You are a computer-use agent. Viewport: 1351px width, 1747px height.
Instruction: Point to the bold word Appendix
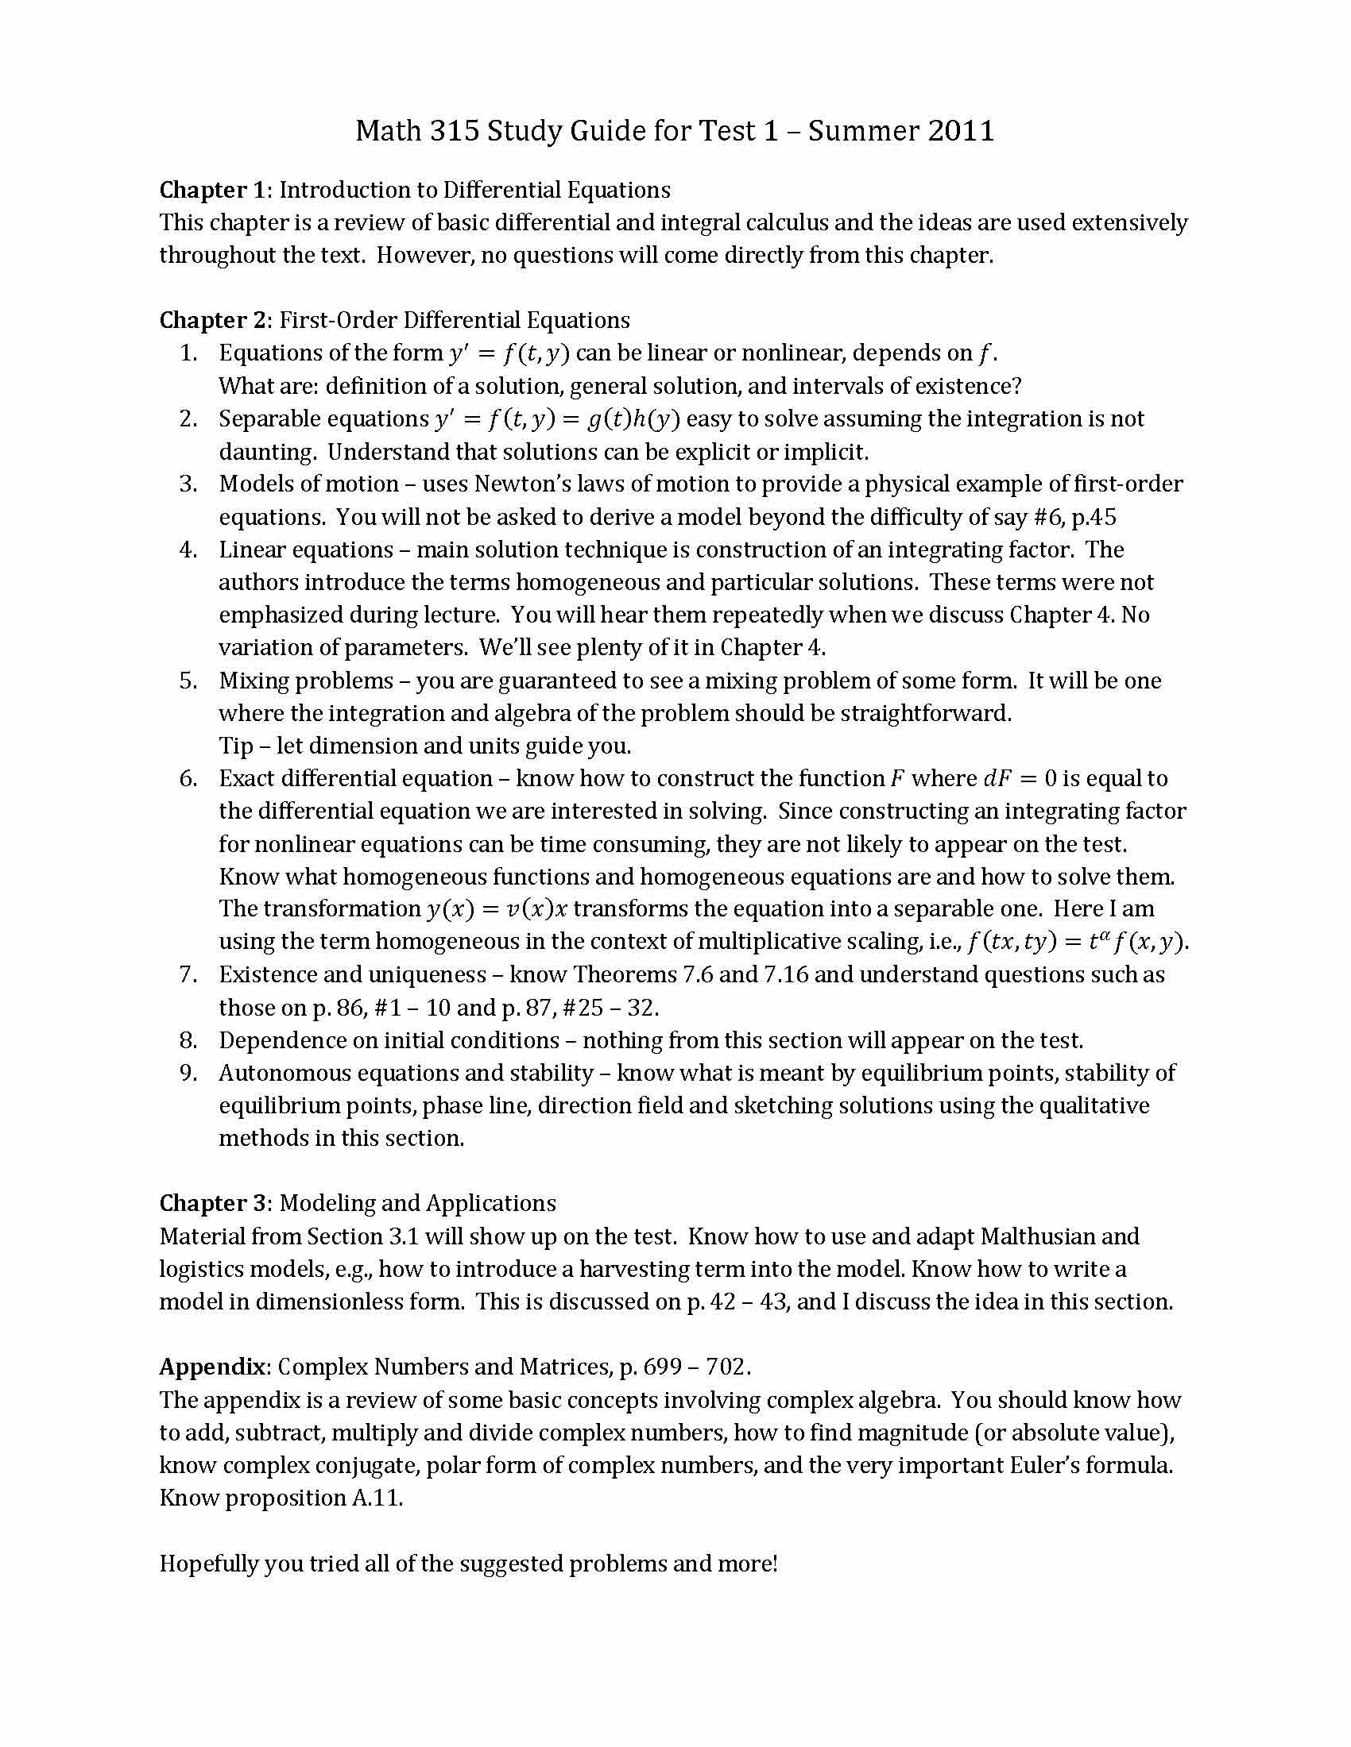tap(211, 1367)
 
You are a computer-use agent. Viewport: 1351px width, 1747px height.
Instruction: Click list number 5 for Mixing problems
tap(188, 681)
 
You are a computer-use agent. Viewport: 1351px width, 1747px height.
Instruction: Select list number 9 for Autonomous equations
tap(188, 1073)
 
